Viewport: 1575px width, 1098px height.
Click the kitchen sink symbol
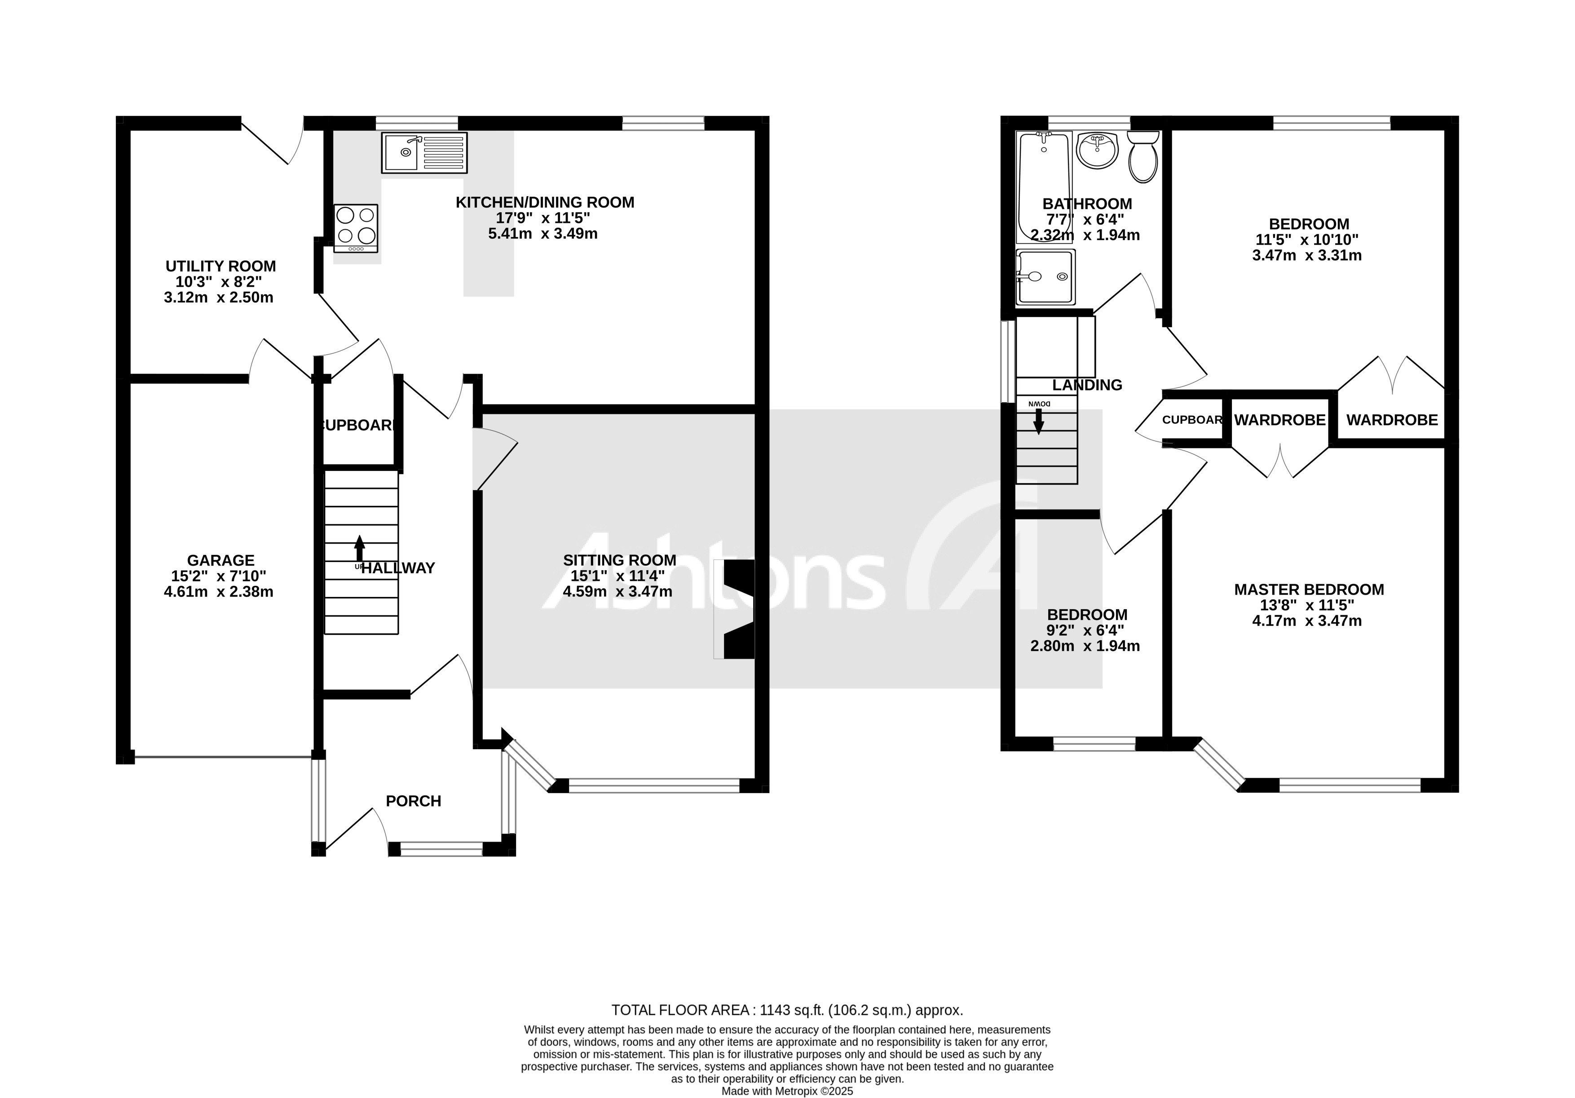(x=424, y=152)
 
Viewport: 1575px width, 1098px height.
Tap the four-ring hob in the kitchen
(x=355, y=226)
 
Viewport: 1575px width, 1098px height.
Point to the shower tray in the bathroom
(x=1046, y=277)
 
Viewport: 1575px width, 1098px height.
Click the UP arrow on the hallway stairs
(x=359, y=549)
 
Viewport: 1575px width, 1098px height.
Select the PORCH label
(x=413, y=801)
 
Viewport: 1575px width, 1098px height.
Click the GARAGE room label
(x=220, y=560)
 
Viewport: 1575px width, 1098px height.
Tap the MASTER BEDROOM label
(x=1308, y=589)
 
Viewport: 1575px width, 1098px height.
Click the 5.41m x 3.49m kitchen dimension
(x=542, y=234)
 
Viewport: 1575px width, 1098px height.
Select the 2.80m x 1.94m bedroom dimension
(x=1085, y=646)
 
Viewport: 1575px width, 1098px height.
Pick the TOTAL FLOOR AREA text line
(x=787, y=1010)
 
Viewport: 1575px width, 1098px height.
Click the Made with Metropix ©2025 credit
(x=787, y=1090)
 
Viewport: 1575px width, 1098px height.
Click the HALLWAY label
(x=398, y=568)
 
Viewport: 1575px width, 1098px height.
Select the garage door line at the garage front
(x=223, y=757)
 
